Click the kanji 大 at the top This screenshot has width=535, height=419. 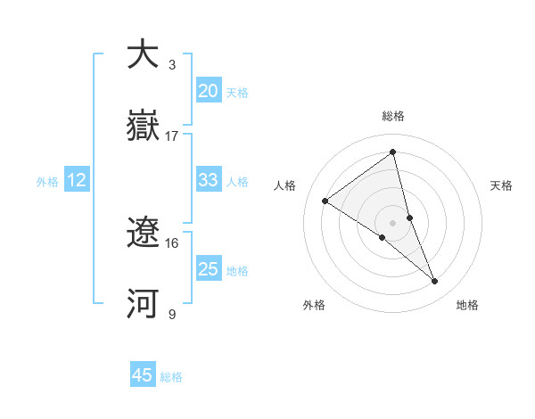143,54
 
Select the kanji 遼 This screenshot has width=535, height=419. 143,234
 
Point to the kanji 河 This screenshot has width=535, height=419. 143,304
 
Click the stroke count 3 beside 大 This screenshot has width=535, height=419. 171,65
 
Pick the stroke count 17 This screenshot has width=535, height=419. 172,136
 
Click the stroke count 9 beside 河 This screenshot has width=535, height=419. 171,315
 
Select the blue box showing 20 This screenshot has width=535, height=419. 209,90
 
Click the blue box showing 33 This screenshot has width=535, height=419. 209,180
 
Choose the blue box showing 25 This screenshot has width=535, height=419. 209,269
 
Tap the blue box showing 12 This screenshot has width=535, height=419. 77,180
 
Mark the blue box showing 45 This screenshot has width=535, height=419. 143,375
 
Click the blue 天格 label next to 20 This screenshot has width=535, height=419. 237,93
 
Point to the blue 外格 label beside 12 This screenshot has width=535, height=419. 47,182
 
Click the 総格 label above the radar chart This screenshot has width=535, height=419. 393,116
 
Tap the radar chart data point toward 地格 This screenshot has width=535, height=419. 435,282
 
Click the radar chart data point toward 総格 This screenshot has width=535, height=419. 393,152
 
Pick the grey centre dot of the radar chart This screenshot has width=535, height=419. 393,221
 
